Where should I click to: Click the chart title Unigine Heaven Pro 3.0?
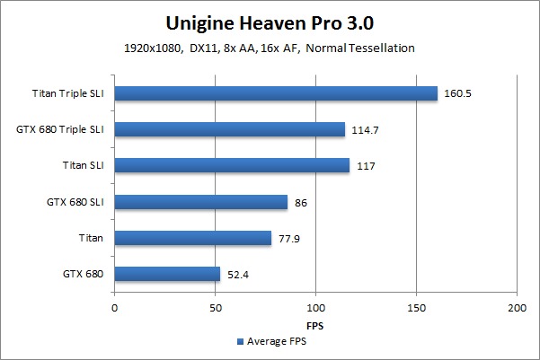click(270, 22)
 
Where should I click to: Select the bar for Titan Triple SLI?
click(276, 93)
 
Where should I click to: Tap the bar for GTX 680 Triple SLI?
click(230, 129)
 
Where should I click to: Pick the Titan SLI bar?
click(232, 165)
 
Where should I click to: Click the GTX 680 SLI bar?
click(201, 202)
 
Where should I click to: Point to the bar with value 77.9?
click(193, 238)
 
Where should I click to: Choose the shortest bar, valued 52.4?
click(167, 274)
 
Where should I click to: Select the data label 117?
click(366, 165)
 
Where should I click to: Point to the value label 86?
click(302, 202)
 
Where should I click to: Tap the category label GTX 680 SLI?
click(75, 202)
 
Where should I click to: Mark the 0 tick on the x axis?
click(115, 307)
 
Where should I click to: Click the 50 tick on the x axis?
click(215, 307)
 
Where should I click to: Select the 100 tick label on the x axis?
click(315, 307)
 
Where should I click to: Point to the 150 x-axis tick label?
click(416, 307)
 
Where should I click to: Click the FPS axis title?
click(315, 324)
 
